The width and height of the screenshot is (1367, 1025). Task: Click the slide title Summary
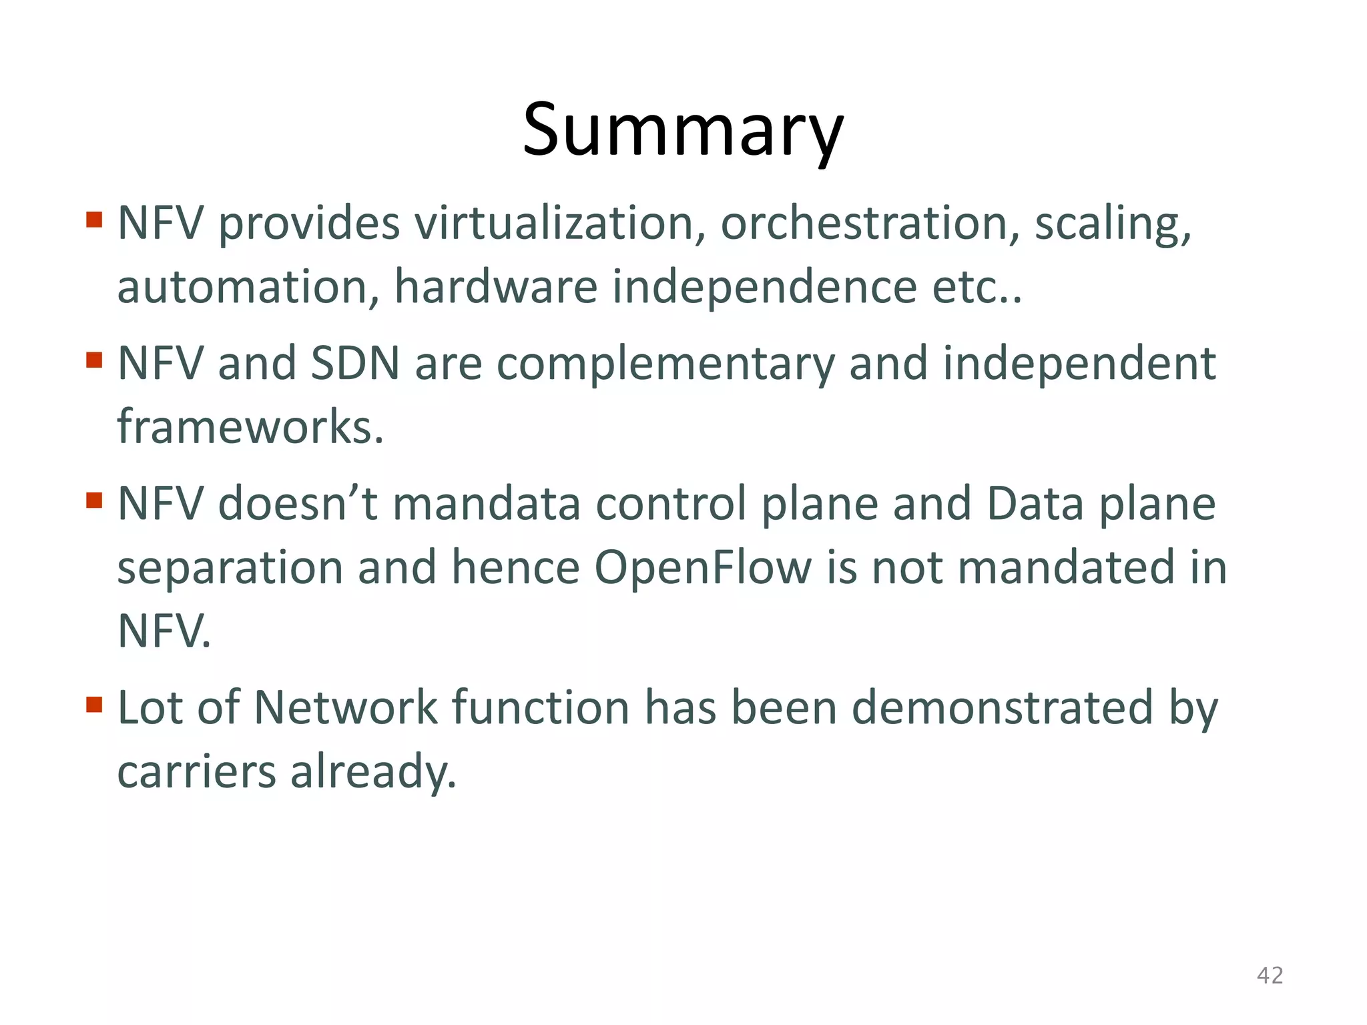click(x=683, y=130)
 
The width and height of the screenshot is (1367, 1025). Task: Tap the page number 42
click(x=1270, y=976)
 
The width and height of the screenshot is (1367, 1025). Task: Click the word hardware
click(x=495, y=287)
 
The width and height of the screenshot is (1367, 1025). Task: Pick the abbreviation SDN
click(x=355, y=364)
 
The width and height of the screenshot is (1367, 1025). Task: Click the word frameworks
click(x=250, y=427)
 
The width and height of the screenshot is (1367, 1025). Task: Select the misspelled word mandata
click(x=486, y=504)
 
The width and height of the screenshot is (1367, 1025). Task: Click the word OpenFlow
click(x=702, y=568)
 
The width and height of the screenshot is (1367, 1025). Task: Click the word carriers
click(x=196, y=772)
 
